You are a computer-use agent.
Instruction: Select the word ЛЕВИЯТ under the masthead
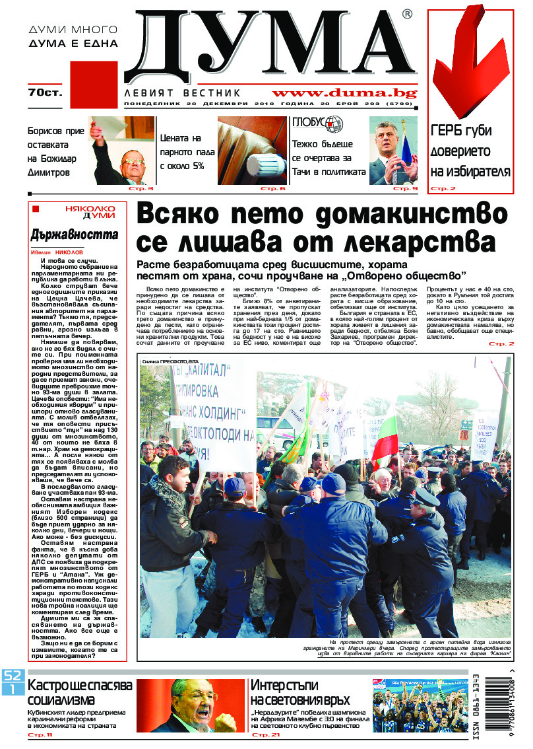coord(150,93)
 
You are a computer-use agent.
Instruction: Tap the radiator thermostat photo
coord(253,151)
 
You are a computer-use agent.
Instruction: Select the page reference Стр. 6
coord(272,189)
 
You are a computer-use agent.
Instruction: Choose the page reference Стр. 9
coord(406,189)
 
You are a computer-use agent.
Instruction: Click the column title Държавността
coord(75,234)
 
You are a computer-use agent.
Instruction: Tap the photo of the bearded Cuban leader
coord(190,705)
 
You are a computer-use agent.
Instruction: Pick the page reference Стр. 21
coord(266,734)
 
